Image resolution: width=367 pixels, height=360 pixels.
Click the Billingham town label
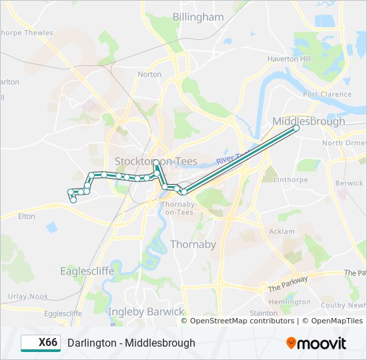[198, 17]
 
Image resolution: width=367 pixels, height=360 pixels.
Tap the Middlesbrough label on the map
[309, 121]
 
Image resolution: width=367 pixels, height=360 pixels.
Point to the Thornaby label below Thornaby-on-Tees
[193, 244]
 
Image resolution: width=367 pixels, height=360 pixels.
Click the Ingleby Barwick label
[146, 311]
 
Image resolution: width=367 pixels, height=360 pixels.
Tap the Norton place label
[149, 74]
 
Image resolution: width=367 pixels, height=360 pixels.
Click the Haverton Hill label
[289, 59]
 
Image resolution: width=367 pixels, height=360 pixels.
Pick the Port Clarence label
[327, 95]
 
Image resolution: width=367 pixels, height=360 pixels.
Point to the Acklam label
[281, 231]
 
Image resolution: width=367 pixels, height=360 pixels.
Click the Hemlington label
[290, 302]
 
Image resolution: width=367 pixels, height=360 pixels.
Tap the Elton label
[26, 216]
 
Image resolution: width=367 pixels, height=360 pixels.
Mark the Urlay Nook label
[28, 296]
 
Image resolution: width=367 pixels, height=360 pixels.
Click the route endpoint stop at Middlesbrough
[296, 128]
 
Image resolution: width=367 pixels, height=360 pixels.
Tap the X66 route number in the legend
[47, 343]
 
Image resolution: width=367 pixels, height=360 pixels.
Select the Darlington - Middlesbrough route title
[131, 343]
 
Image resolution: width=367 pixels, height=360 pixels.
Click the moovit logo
[316, 343]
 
